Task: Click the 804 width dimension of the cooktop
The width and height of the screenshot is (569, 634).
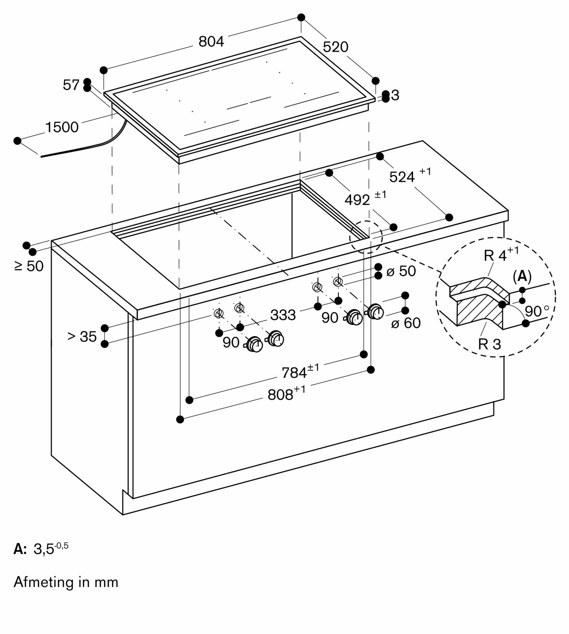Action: click(x=211, y=42)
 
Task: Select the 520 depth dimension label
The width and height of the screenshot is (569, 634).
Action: click(x=335, y=47)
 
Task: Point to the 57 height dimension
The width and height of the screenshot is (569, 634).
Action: click(x=71, y=85)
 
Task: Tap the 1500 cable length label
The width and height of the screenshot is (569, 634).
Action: click(x=62, y=127)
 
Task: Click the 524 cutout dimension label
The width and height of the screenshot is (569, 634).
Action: click(x=402, y=177)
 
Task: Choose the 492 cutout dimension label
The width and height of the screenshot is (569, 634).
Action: click(x=357, y=200)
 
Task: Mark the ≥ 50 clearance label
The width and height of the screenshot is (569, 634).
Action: click(x=29, y=266)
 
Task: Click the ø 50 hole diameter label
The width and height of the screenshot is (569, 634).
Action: click(x=401, y=271)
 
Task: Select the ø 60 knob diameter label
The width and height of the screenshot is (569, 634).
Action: click(x=406, y=323)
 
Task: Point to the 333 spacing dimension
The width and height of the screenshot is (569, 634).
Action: click(x=283, y=315)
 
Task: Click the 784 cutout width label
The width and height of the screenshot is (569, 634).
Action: click(x=294, y=372)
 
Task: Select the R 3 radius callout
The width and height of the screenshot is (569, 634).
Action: click(x=489, y=344)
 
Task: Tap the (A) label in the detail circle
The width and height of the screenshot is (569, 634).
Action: click(x=522, y=277)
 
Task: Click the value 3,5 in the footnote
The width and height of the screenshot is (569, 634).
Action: click(x=44, y=549)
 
